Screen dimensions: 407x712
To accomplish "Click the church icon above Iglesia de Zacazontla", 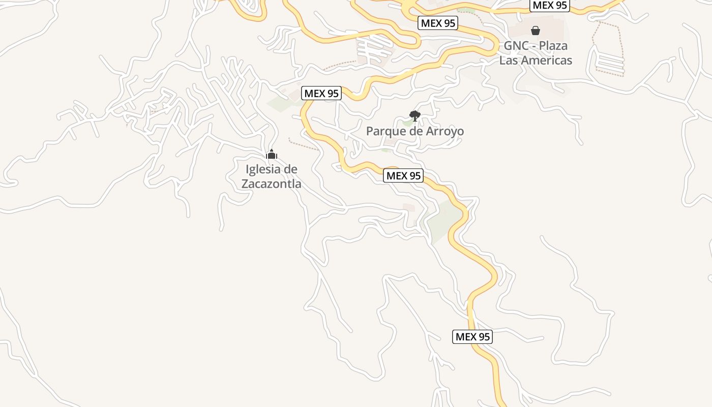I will pyautogui.click(x=272, y=154).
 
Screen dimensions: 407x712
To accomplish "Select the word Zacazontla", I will pyautogui.click(x=271, y=184).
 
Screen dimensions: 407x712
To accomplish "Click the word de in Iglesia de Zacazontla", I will pyautogui.click(x=290, y=169).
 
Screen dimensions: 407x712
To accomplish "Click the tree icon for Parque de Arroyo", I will pyautogui.click(x=415, y=116).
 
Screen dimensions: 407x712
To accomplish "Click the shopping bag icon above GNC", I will pyautogui.click(x=535, y=31).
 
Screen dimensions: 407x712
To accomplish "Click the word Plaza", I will pyautogui.click(x=553, y=46).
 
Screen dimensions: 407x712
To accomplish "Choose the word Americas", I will pyautogui.click(x=546, y=60).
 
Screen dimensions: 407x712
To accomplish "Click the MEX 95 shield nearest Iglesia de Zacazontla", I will pyautogui.click(x=321, y=94).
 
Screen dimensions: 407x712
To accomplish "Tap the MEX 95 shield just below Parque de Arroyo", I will pyautogui.click(x=403, y=176).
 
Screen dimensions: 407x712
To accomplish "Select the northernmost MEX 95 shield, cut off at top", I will pyautogui.click(x=549, y=6).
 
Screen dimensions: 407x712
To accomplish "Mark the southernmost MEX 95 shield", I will pyautogui.click(x=472, y=336).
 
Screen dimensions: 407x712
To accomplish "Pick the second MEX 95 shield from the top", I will pyautogui.click(x=437, y=23).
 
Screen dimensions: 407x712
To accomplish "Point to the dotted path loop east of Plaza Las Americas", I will pyautogui.click(x=608, y=48).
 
